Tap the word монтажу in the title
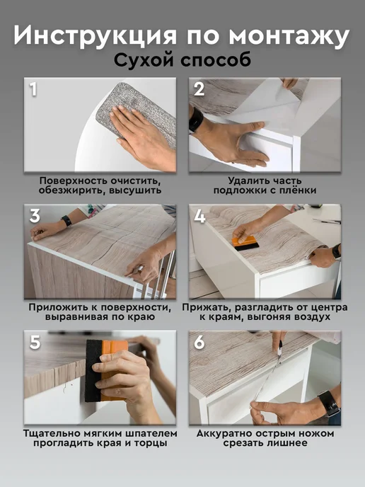pyautogui.click(x=289, y=36)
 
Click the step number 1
pyautogui.click(x=33, y=88)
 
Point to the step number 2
pyautogui.click(x=199, y=88)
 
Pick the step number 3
pyautogui.click(x=35, y=216)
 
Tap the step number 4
pyautogui.click(x=199, y=216)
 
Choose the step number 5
pyautogui.click(x=35, y=342)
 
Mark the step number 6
pyautogui.click(x=199, y=342)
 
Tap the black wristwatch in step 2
pyautogui.click(x=195, y=120)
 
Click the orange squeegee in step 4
pyautogui.click(x=245, y=243)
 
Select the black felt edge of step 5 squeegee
pyautogui.click(x=93, y=370)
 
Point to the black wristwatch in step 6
pyautogui.click(x=330, y=403)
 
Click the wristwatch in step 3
pyautogui.click(x=66, y=221)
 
